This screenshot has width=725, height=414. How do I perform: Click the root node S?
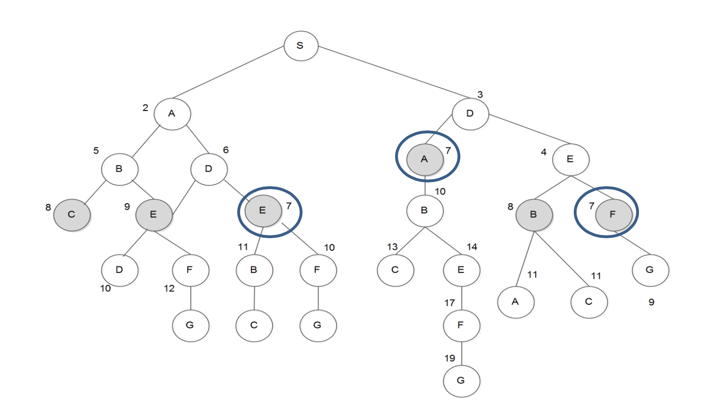(x=301, y=46)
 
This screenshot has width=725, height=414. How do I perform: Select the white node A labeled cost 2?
(x=172, y=114)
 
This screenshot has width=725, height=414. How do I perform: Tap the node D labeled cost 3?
(x=470, y=114)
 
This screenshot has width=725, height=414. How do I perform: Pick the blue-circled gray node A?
(x=425, y=159)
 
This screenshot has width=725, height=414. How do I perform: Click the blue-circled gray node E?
(x=263, y=211)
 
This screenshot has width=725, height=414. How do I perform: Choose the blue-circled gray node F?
(x=613, y=215)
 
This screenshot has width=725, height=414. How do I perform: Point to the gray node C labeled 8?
(x=72, y=215)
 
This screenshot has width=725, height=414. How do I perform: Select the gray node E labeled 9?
(x=154, y=215)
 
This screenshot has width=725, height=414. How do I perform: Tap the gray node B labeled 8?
(x=534, y=215)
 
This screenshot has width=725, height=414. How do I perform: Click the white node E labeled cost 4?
(x=570, y=159)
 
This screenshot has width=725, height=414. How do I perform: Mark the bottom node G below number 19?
(x=461, y=380)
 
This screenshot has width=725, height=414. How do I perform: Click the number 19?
(x=449, y=358)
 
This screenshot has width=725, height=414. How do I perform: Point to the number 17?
(x=449, y=303)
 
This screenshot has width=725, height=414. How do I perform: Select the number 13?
(x=392, y=247)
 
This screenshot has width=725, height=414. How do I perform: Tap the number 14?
(x=472, y=247)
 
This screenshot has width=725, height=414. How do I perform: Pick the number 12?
(x=169, y=289)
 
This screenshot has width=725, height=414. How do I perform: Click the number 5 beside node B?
(x=96, y=151)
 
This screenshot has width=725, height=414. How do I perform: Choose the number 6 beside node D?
(x=226, y=150)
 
